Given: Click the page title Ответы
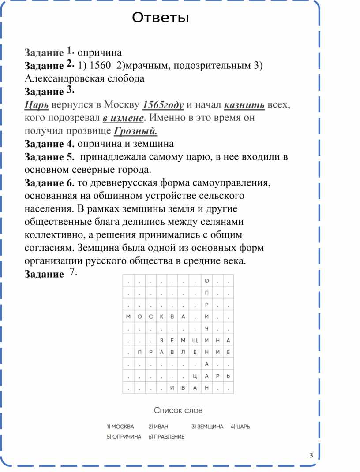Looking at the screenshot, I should [x=160, y=18].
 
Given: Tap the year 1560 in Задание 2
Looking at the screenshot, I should [x=99, y=66].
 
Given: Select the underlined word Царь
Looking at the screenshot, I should [x=37, y=105].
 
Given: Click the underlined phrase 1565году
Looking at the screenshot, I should [x=163, y=105].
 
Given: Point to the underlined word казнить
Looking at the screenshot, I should [x=244, y=105].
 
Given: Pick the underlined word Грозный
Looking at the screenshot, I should [x=135, y=131].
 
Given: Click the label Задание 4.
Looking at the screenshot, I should [x=50, y=144].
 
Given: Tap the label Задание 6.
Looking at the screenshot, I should [x=50, y=183].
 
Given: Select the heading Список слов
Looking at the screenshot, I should [x=178, y=410].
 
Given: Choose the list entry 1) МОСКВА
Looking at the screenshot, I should [x=120, y=427].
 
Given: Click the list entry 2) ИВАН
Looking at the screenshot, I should [x=158, y=427].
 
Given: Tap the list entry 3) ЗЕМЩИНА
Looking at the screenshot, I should [x=207, y=427].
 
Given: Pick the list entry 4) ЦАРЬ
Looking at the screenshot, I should [x=240, y=427].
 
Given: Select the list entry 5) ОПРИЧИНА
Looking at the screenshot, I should [x=124, y=436].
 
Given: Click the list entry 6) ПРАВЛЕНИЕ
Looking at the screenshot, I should [x=166, y=436].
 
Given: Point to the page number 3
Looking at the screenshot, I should [x=311, y=455].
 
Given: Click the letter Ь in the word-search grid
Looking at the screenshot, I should [x=228, y=376].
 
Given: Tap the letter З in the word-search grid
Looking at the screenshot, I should [x=161, y=340].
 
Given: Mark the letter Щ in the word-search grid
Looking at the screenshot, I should [x=195, y=340].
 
